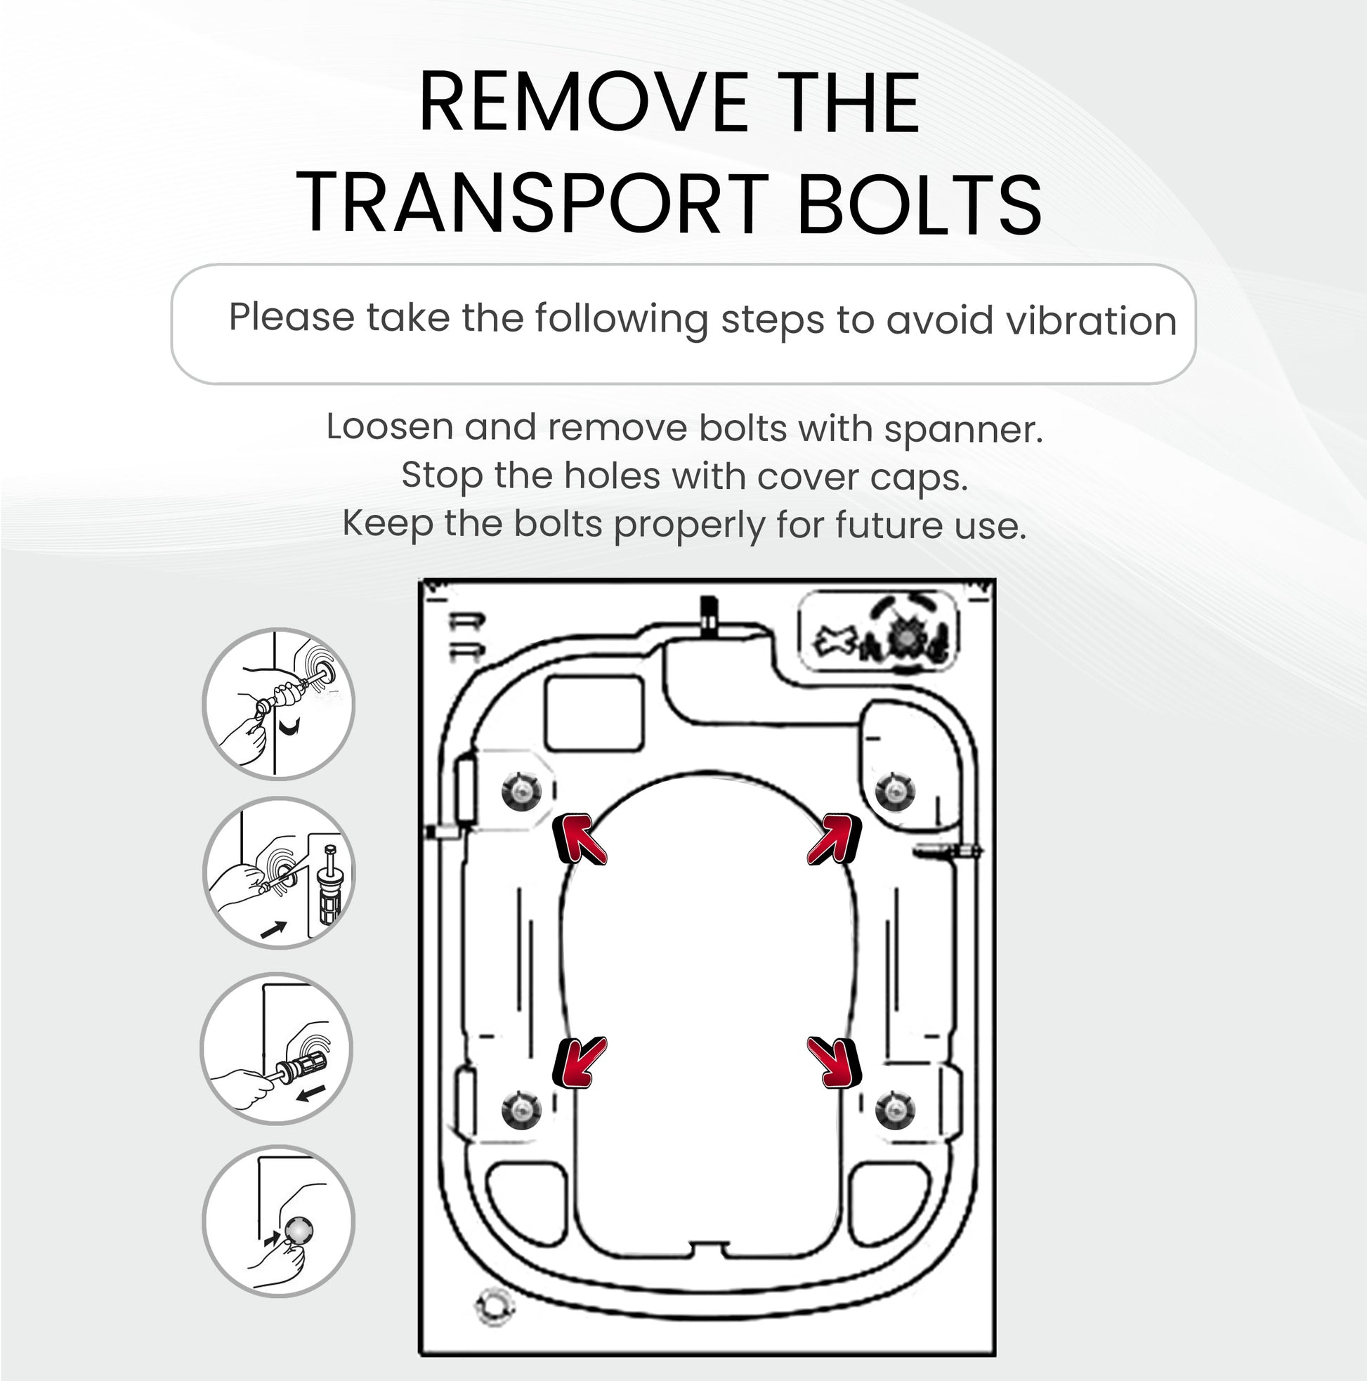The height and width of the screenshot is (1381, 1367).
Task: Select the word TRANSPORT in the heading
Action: pyautogui.click(x=532, y=204)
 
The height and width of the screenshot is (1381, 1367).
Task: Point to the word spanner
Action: pyautogui.click(x=963, y=430)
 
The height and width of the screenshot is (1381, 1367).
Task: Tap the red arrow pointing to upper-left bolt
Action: pyautogui.click(x=579, y=839)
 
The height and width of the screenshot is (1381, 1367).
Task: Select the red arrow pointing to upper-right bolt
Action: pyautogui.click(x=835, y=839)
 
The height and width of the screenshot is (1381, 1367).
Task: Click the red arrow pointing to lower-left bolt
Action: pyautogui.click(x=579, y=1063)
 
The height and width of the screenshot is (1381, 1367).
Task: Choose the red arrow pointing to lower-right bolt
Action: pyautogui.click(x=835, y=1063)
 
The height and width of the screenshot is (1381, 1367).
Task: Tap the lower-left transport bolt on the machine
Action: pyautogui.click(x=521, y=1109)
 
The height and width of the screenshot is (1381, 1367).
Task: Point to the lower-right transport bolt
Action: pyautogui.click(x=895, y=1109)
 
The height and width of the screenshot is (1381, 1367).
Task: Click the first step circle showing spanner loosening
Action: pyautogui.click(x=278, y=704)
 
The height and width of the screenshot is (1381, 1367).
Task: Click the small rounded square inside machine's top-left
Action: pyautogui.click(x=594, y=714)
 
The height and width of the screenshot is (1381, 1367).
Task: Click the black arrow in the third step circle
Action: pyautogui.click(x=312, y=1093)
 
